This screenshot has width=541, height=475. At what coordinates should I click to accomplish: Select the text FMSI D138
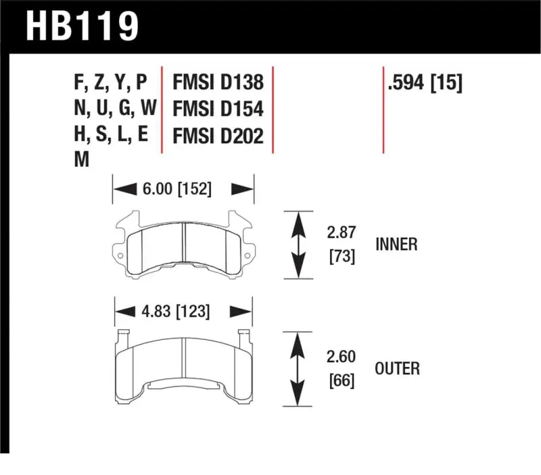point(218,83)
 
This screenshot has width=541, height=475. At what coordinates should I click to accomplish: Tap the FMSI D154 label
point(218,109)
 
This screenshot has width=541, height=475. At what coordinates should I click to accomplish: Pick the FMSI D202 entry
point(218,136)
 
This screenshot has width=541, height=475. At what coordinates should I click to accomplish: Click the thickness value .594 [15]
point(424,83)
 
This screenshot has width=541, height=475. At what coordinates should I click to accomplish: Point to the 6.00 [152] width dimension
point(176,190)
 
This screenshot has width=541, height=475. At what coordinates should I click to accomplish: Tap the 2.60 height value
point(342,356)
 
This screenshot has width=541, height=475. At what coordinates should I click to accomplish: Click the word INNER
point(396,245)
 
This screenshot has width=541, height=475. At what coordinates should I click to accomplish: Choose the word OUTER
point(396,368)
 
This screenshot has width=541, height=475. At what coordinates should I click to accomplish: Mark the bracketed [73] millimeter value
point(342,256)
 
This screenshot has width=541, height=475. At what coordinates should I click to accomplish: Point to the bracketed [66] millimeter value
point(342,380)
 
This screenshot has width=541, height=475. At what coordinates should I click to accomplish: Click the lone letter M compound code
point(81,160)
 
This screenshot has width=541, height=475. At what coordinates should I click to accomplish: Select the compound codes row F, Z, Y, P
point(110,83)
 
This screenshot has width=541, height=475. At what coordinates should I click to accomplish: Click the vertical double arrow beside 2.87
point(296,245)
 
